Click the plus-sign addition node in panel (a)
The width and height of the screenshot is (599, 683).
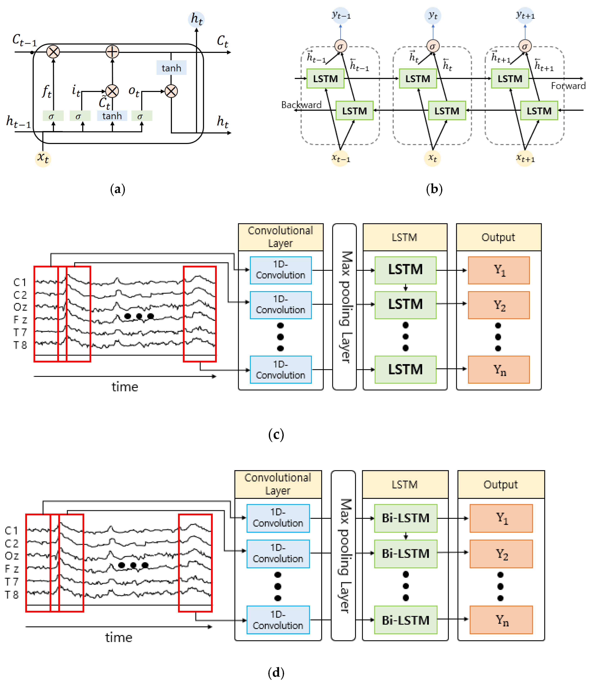(x=112, y=52)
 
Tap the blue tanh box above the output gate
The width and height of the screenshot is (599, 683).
(x=171, y=68)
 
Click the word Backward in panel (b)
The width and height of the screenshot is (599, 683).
(x=301, y=105)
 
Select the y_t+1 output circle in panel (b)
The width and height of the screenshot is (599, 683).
(x=525, y=15)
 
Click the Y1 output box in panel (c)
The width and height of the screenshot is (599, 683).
(x=499, y=270)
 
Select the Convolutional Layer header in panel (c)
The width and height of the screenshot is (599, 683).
(x=281, y=237)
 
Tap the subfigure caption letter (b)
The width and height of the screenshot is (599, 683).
(x=434, y=189)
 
